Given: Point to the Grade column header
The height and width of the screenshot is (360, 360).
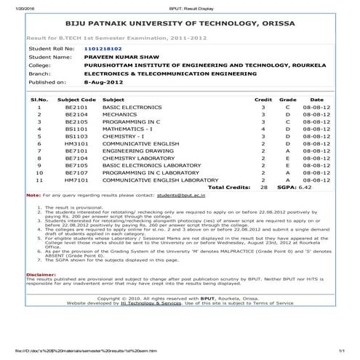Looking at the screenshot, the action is point(287,99).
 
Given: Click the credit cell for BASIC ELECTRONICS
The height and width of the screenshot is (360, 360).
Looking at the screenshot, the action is point(263,107).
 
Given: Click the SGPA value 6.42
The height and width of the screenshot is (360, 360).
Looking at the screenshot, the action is point(310,188).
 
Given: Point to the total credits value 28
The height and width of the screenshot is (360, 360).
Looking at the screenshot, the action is point(263,188).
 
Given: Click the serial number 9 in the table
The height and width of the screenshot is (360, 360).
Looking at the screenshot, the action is point(39,166).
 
